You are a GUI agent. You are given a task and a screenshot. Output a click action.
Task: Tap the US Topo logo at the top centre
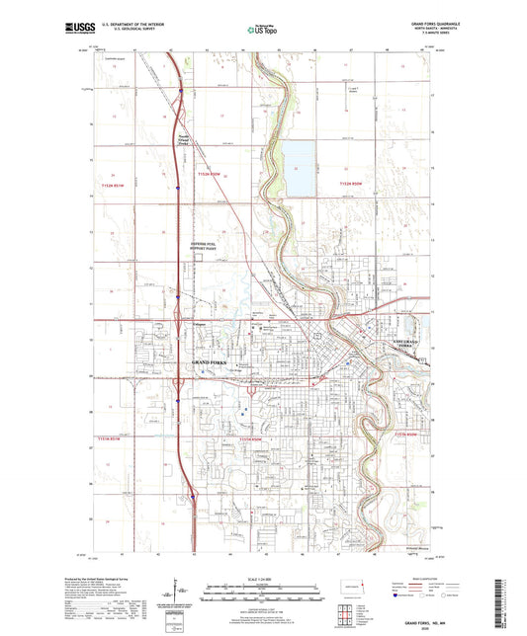click(x=261, y=31)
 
